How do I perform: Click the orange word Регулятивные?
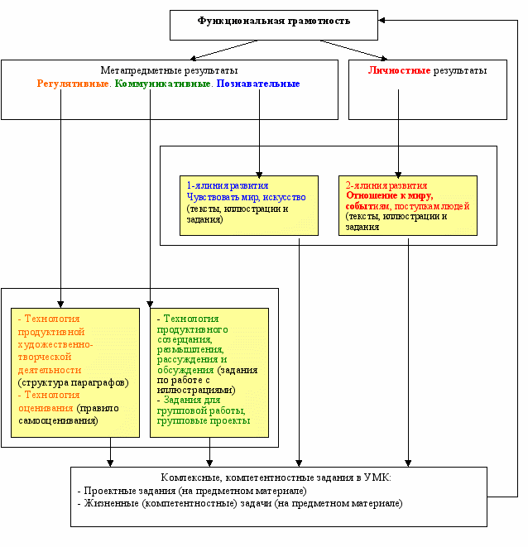(x=73, y=84)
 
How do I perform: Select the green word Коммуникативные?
(x=162, y=84)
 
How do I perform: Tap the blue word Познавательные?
(x=258, y=84)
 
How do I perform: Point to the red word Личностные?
(x=399, y=70)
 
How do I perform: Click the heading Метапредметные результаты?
(x=169, y=70)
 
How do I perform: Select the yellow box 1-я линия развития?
(x=248, y=205)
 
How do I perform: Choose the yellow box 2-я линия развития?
(x=407, y=205)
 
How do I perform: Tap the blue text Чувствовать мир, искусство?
(x=246, y=198)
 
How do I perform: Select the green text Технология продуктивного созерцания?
(x=191, y=329)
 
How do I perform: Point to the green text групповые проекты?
(x=204, y=420)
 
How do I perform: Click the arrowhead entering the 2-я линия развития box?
(x=398, y=171)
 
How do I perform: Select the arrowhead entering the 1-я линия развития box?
(x=259, y=171)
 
